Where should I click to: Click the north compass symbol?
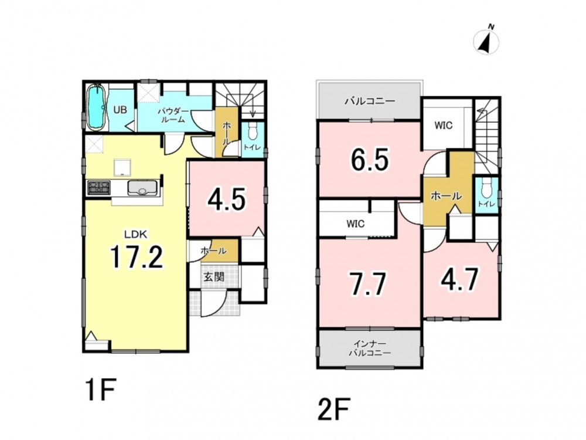pos(486,40)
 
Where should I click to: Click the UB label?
pos(120,110)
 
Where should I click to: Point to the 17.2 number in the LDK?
pos(136,257)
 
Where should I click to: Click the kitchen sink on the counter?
pos(142,188)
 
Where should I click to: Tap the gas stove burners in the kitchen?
pos(98,188)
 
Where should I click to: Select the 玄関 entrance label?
pos(214,277)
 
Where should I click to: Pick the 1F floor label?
pos(101,390)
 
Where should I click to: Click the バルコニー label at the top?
pos(370,101)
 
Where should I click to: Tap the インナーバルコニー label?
pos(370,348)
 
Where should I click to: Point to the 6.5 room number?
pos(370,160)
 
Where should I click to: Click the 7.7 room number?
pos(367,284)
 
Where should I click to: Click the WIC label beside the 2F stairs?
pos(444,125)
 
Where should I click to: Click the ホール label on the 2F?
pos(446,196)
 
